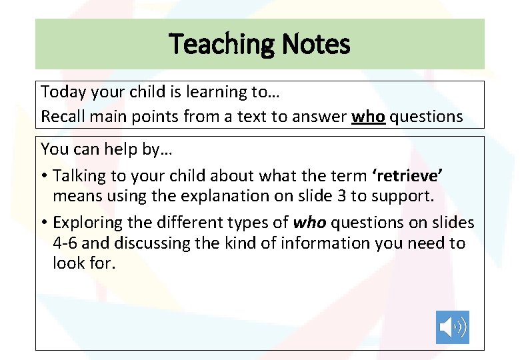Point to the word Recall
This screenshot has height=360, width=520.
click(62, 116)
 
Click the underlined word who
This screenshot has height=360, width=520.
click(369, 116)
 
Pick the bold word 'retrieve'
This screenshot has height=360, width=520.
click(406, 175)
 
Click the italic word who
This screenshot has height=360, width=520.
click(309, 222)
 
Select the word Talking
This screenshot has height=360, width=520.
click(78, 175)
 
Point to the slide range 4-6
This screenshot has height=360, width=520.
click(66, 243)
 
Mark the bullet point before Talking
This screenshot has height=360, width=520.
click(44, 176)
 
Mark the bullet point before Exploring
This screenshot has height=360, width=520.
click(44, 223)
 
